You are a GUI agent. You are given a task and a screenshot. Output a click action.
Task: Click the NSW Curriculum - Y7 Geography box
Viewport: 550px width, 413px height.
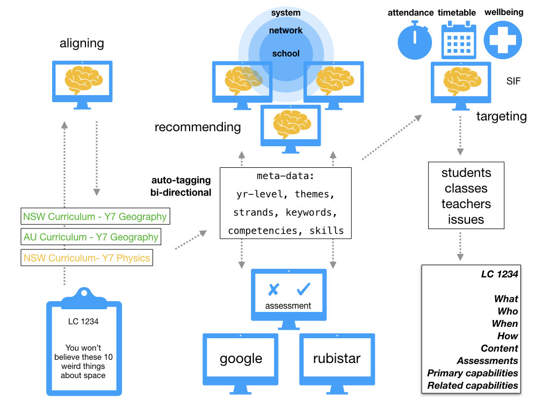(x=95, y=217)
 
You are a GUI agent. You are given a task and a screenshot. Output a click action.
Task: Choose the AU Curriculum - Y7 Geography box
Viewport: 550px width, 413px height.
(x=91, y=237)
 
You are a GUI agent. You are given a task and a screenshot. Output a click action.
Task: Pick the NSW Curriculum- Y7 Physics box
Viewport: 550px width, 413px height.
(x=86, y=258)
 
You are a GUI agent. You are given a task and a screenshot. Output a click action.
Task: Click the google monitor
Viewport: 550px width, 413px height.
(x=241, y=358)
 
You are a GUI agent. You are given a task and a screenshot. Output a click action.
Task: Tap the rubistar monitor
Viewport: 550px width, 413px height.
(x=337, y=358)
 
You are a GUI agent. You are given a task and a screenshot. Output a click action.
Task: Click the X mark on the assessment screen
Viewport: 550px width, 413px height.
(x=273, y=289)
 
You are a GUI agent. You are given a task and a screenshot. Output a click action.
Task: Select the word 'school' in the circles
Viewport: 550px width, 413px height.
(x=286, y=54)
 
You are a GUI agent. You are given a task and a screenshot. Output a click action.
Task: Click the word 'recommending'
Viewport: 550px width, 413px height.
(x=198, y=127)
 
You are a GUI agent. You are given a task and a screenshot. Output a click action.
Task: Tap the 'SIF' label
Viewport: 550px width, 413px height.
(x=513, y=82)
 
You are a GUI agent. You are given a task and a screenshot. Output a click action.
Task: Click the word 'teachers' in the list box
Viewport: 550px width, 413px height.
(x=466, y=204)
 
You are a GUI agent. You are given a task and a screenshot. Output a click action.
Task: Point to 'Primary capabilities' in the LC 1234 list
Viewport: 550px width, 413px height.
(x=473, y=373)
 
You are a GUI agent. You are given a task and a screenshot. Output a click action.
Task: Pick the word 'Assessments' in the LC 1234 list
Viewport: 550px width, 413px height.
(x=487, y=361)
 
